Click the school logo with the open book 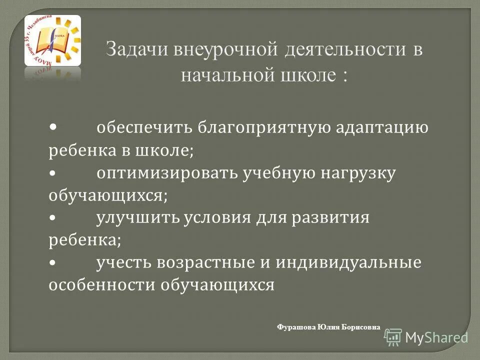[52, 41]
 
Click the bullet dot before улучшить [53, 217]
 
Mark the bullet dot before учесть [53, 262]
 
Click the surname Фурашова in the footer [295, 327]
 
